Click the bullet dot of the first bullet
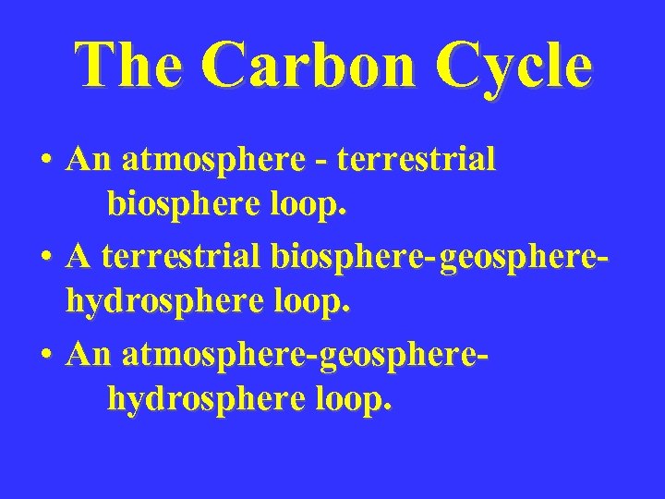pyautogui.click(x=44, y=162)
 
